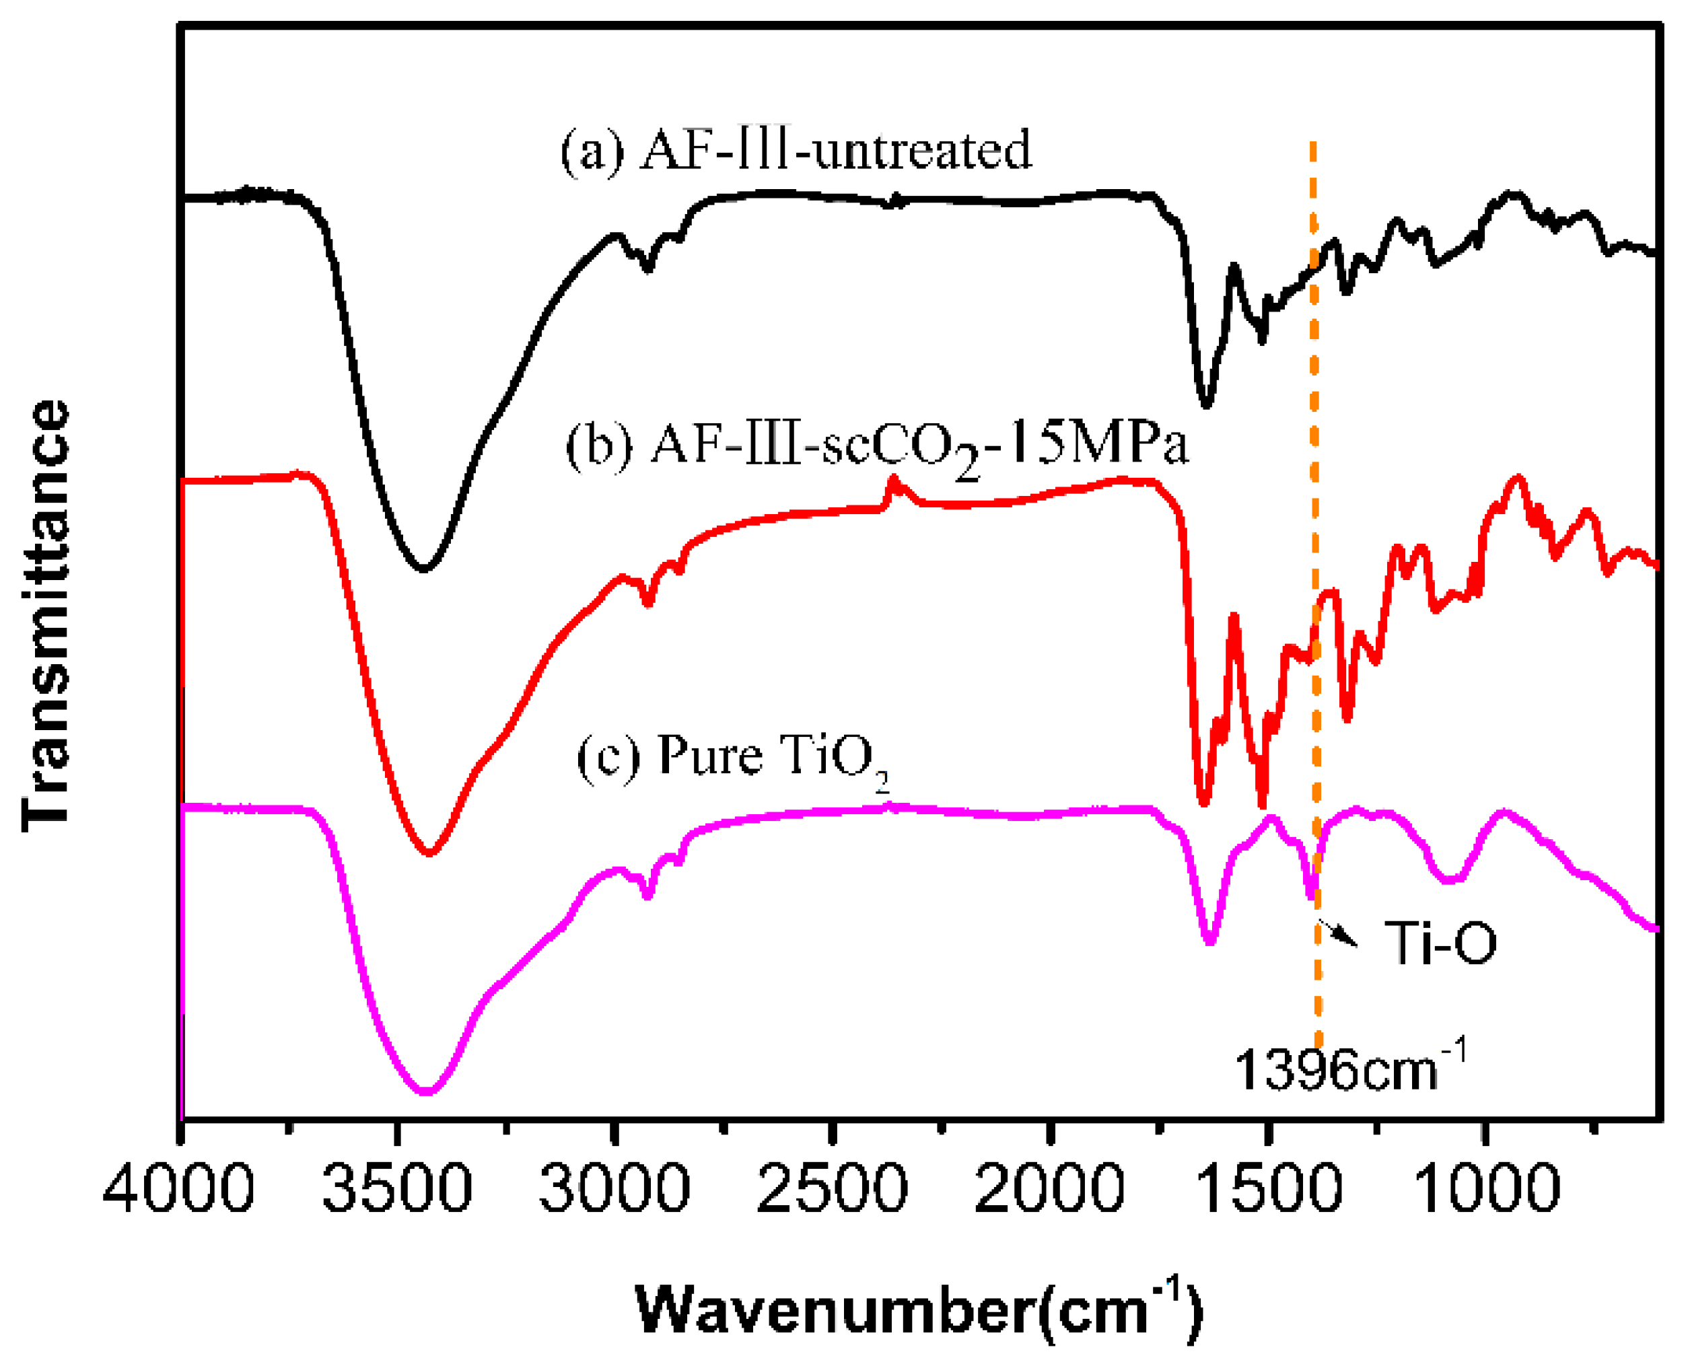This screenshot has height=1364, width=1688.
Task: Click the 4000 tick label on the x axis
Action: click(x=178, y=1188)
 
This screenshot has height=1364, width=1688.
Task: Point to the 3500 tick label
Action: click(x=398, y=1188)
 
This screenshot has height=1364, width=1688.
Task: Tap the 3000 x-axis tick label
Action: click(x=615, y=1188)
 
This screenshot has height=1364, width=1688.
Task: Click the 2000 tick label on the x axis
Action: click(x=1050, y=1188)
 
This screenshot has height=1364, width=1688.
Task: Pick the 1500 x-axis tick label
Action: click(x=1267, y=1188)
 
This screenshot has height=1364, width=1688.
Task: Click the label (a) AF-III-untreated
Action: click(x=796, y=151)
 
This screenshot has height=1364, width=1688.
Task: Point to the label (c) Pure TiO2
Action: click(x=732, y=756)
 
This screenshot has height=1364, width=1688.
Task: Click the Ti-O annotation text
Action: click(x=1440, y=942)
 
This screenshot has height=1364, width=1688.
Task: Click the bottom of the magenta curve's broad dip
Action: click(x=426, y=1091)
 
